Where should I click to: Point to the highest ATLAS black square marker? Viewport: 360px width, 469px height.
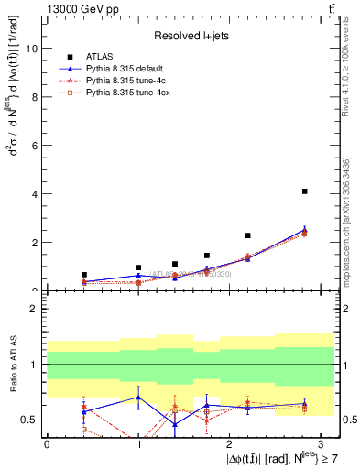click(x=304, y=191)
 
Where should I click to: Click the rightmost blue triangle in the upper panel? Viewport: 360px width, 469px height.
click(x=304, y=231)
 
